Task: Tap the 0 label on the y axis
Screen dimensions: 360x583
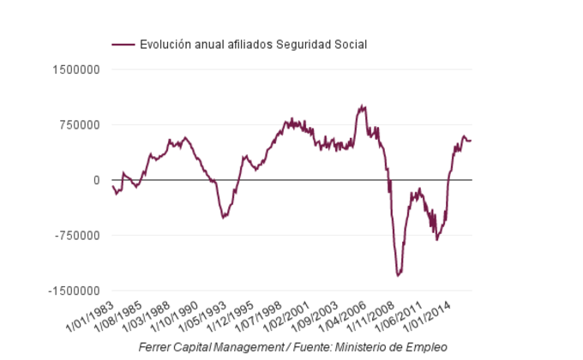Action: [97, 180]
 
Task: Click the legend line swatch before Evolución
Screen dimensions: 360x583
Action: [123, 45]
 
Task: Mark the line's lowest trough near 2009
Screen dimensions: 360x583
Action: [399, 275]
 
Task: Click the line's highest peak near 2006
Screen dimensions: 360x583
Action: [364, 106]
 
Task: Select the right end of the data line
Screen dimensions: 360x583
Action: [471, 141]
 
